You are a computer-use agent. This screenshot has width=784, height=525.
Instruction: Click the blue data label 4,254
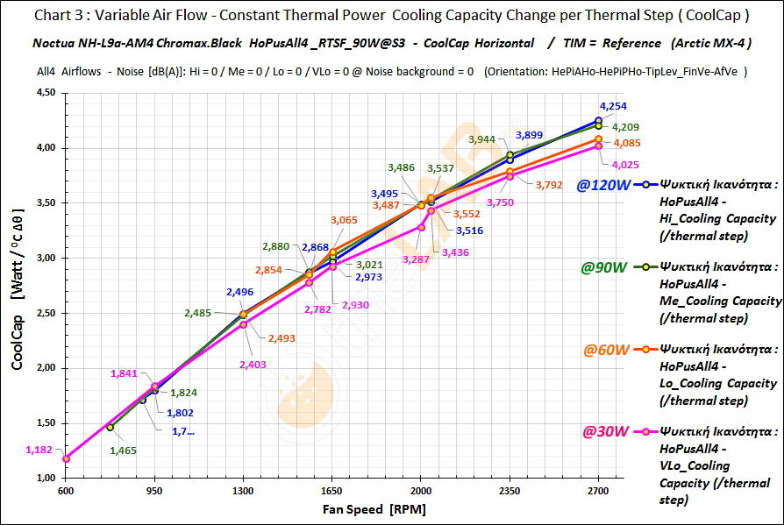(x=613, y=106)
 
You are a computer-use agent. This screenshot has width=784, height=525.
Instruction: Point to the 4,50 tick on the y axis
(x=44, y=93)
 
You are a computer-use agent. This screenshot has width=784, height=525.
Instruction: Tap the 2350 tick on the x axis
(x=510, y=490)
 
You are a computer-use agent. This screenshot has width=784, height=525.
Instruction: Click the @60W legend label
(x=604, y=350)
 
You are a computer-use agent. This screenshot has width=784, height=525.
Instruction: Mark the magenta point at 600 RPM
(x=66, y=458)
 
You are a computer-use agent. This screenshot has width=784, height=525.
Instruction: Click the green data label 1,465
(x=124, y=451)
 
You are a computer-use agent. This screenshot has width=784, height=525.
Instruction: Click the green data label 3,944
(x=482, y=139)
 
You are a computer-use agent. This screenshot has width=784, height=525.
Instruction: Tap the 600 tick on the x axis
(x=66, y=490)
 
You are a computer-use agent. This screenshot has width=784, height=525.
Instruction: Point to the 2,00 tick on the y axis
(x=44, y=368)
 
